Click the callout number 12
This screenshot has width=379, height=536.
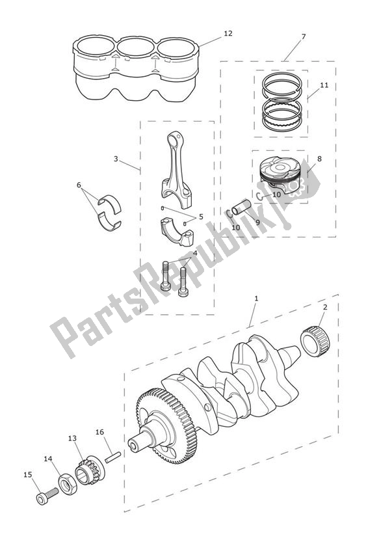pyautogui.click(x=227, y=33)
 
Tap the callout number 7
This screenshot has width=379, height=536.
pyautogui.click(x=303, y=36)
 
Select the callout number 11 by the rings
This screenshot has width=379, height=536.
pyautogui.click(x=324, y=85)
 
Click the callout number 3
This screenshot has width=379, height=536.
pyautogui.click(x=115, y=158)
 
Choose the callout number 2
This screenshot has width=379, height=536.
pyautogui.click(x=325, y=306)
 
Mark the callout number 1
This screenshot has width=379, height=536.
pyautogui.click(x=256, y=298)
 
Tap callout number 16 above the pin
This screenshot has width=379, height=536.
pyautogui.click(x=99, y=431)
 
